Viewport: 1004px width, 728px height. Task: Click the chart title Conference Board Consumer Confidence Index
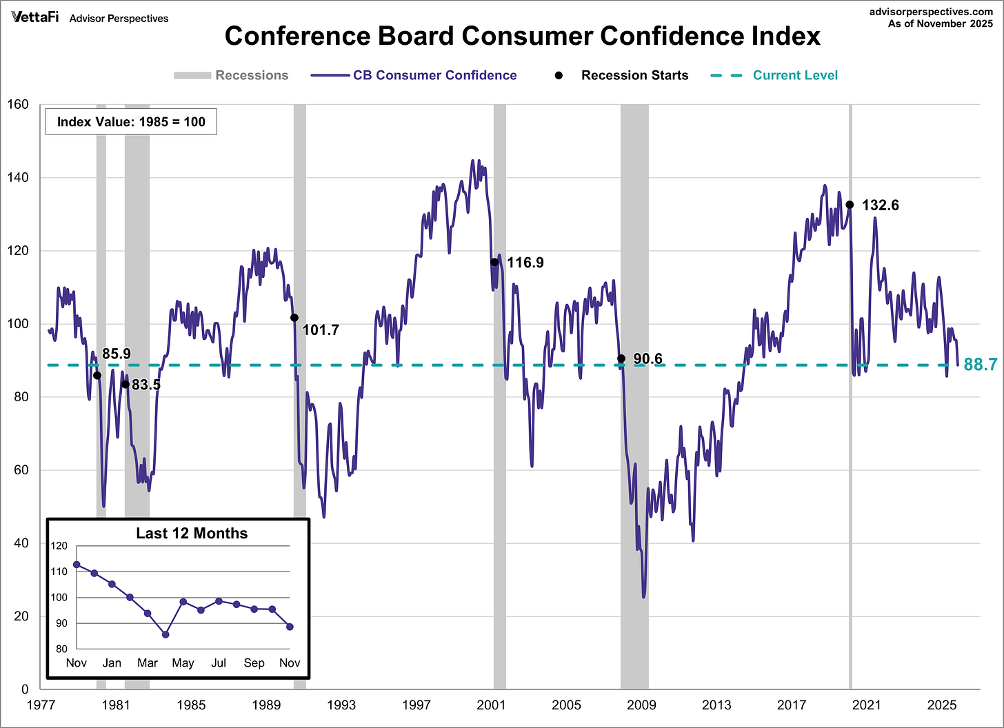(x=522, y=36)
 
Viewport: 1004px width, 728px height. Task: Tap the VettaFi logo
(x=34, y=17)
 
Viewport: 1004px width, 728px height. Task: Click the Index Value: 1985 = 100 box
(x=131, y=122)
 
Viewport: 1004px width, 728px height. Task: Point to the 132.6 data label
(x=881, y=205)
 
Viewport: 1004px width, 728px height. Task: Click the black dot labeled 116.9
(x=494, y=262)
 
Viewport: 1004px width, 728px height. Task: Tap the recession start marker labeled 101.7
(x=294, y=318)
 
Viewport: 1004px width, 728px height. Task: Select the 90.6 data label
(x=647, y=358)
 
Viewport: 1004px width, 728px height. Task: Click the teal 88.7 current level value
(x=980, y=365)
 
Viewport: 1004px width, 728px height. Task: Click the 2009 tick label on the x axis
(x=641, y=705)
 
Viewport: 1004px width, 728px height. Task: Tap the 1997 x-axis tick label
(x=416, y=705)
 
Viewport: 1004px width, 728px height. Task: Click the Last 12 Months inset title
(x=192, y=533)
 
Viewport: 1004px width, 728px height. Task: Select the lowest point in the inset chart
(x=165, y=634)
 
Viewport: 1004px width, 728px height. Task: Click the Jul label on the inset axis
(x=219, y=663)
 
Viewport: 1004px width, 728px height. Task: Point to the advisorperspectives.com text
(x=931, y=12)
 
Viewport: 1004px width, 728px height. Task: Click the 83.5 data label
(x=146, y=385)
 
